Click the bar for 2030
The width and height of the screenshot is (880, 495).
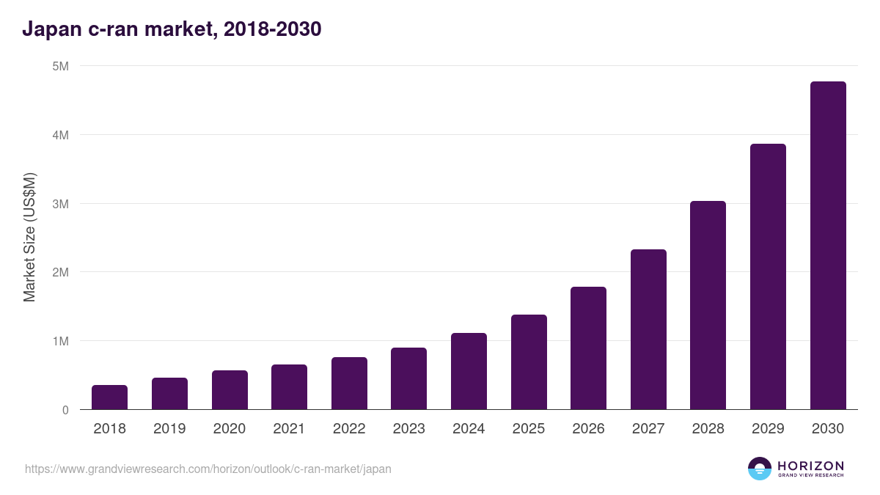828,246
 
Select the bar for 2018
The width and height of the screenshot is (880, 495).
109,397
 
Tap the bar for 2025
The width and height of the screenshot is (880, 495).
529,362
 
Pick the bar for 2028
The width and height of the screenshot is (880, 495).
708,305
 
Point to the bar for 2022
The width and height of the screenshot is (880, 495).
349,384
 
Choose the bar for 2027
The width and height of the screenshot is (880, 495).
648,329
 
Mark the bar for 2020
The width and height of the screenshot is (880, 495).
230,390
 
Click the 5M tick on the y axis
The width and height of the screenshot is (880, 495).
61,66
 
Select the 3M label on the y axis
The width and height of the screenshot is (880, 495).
61,204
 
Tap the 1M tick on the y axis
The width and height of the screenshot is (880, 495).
61,341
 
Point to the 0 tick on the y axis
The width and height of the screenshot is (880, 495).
65,410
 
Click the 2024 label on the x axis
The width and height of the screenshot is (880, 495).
469,429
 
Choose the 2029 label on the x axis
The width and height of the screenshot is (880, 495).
768,429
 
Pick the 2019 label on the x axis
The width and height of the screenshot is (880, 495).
169,429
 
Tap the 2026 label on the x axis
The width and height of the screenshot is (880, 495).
588,429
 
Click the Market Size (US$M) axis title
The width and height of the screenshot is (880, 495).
29,238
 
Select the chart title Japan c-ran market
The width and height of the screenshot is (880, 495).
172,29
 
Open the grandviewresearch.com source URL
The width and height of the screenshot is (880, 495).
208,469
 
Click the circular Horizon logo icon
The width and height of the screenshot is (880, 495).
760,469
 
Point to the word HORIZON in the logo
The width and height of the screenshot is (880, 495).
810,466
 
